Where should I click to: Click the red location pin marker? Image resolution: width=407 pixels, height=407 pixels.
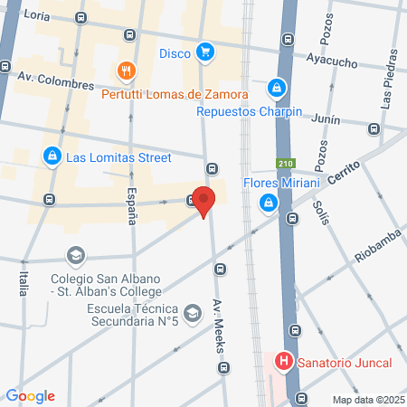pos(204,202)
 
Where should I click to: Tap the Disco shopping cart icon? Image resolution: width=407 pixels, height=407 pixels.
pos(206,52)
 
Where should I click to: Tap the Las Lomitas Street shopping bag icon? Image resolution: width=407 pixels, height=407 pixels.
pos(52,156)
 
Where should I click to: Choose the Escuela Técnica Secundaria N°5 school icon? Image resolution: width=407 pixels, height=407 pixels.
pos(192,314)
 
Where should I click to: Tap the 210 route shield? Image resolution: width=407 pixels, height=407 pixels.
pos(286,164)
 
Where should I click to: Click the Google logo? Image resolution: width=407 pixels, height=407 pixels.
pos(31,396)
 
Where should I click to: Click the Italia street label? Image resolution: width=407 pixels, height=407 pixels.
pos(22,279)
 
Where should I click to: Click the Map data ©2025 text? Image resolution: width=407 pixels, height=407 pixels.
pos(365,399)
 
